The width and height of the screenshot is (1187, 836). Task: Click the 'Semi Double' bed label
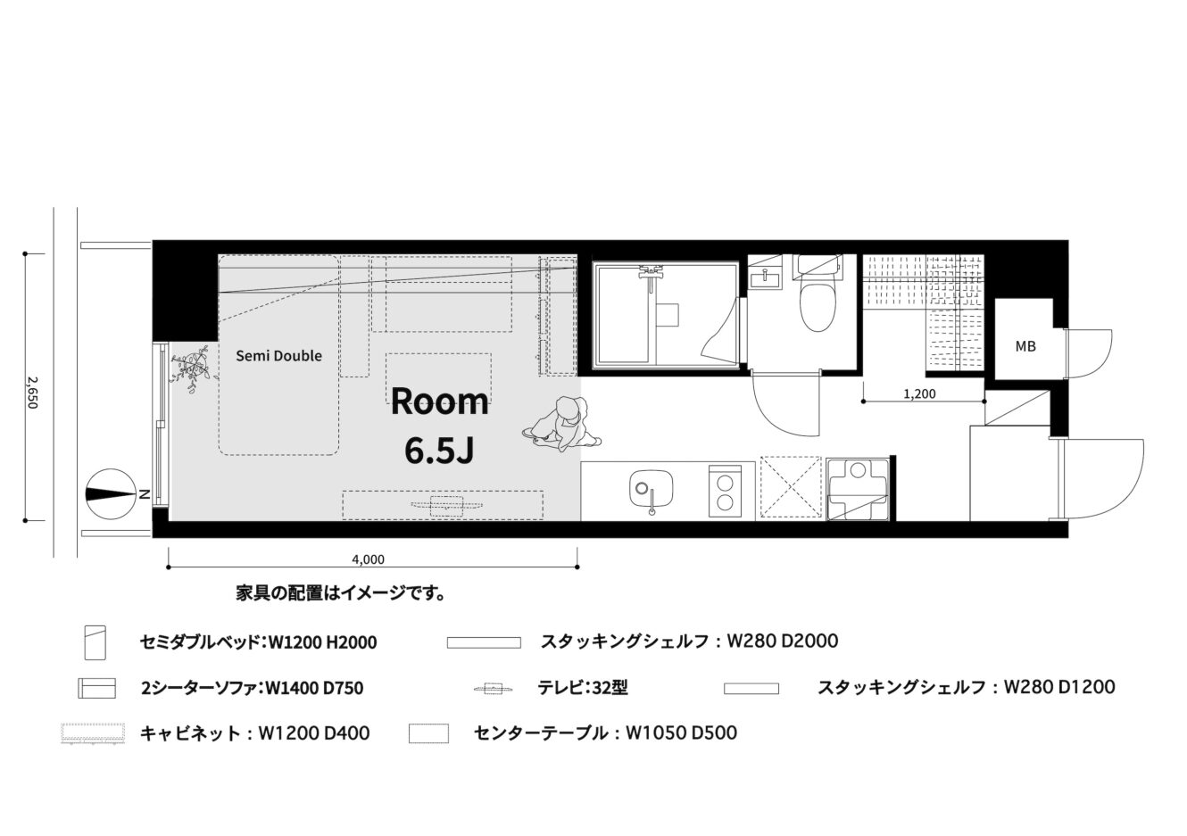(x=278, y=355)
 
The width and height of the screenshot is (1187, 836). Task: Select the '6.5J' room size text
(x=439, y=451)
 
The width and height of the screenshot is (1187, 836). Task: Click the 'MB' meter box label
(x=1025, y=346)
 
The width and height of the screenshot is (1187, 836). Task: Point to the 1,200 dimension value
(x=919, y=393)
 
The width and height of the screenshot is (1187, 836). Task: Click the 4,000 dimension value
(x=369, y=559)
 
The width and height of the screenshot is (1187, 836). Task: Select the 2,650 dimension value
(x=33, y=393)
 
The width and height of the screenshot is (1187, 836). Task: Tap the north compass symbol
(x=111, y=494)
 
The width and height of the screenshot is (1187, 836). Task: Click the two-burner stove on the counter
(x=725, y=491)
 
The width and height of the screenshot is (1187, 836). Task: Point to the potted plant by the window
(x=192, y=368)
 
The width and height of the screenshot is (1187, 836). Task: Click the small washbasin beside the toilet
(x=766, y=277)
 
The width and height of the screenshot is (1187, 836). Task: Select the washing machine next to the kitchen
(x=858, y=490)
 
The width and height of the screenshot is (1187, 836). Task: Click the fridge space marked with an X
(x=791, y=486)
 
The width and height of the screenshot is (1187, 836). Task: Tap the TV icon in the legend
(x=494, y=690)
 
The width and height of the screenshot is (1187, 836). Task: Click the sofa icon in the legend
(x=97, y=688)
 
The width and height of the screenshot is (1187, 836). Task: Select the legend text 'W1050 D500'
(x=682, y=733)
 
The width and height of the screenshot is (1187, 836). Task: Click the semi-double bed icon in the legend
(x=95, y=642)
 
